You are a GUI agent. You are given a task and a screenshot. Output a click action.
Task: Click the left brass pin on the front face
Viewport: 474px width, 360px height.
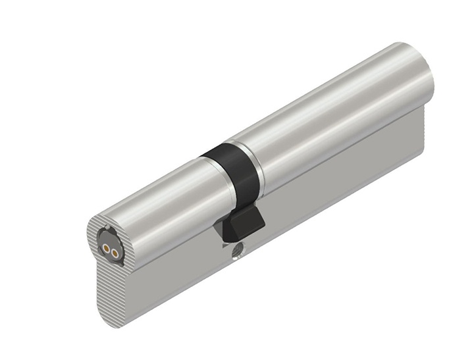[105, 249]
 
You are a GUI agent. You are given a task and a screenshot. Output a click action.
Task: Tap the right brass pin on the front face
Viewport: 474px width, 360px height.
[113, 252]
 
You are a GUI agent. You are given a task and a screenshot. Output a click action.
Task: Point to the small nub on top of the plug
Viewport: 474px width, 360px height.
[107, 228]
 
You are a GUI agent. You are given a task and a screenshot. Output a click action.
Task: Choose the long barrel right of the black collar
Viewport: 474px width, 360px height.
[329, 118]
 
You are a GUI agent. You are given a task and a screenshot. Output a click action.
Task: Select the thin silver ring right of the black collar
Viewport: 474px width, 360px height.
[257, 165]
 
